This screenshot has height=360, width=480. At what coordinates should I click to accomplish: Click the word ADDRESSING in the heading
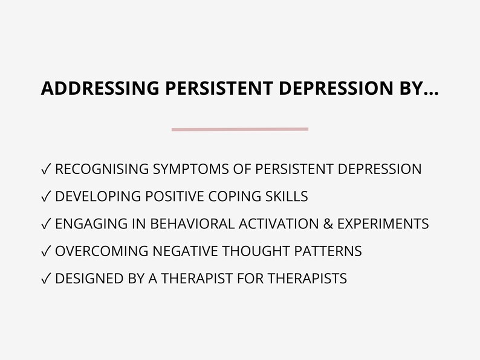pos(101,89)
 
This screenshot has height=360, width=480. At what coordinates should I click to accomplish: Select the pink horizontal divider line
pos(240,129)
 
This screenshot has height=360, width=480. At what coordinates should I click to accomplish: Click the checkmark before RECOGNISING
pos(46,170)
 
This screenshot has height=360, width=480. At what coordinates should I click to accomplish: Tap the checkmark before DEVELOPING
pos(46,197)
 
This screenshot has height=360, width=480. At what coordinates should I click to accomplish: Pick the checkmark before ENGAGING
pos(46,224)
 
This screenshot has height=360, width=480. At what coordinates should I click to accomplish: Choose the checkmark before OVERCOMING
pos(46,251)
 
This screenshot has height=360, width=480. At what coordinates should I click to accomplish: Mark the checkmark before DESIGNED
pos(46,278)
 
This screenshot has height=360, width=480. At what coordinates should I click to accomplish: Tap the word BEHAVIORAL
pos(192,223)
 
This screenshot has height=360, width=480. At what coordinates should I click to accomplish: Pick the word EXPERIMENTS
pos(383,223)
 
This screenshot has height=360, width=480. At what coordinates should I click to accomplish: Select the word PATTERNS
pos(331,251)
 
